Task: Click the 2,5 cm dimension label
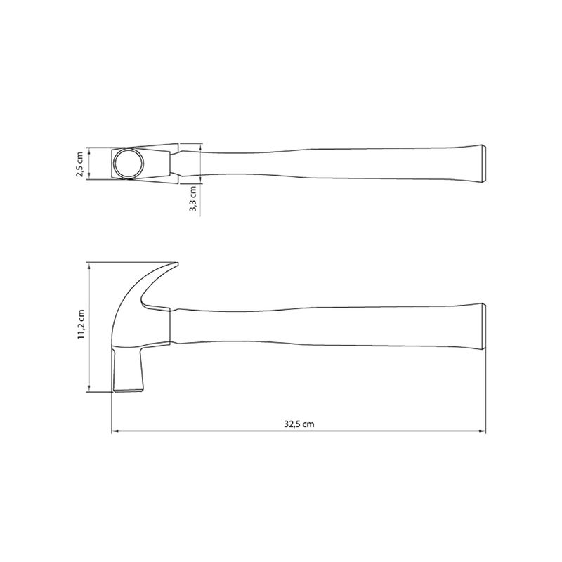[x=79, y=164]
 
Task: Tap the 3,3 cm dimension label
[x=192, y=198]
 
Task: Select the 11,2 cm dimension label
[x=81, y=324]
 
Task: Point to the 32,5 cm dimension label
[x=299, y=424]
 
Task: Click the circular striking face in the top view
[x=129, y=163]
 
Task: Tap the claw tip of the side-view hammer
[x=177, y=264]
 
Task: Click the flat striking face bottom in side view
[x=129, y=391]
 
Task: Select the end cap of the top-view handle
[x=483, y=164]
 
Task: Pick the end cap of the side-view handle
[x=484, y=326]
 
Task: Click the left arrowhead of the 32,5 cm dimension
[x=115, y=431]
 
